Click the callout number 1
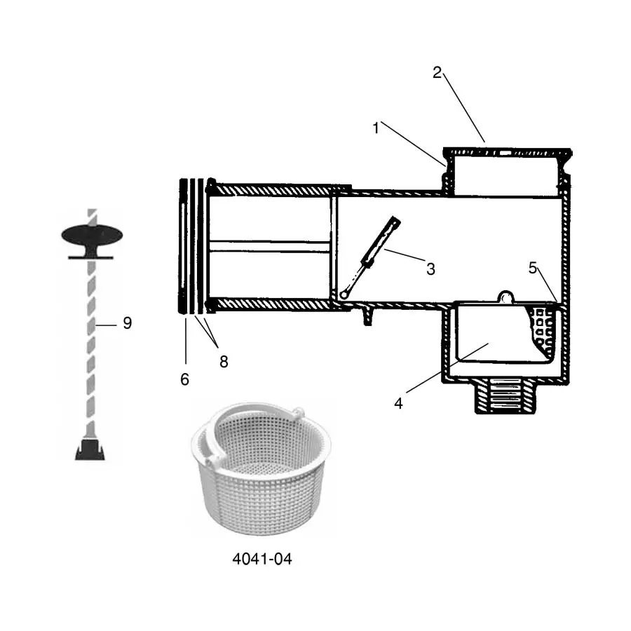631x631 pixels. [x=376, y=128]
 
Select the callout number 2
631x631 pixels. [x=437, y=73]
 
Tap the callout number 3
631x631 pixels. [x=430, y=269]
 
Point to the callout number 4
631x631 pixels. [x=398, y=404]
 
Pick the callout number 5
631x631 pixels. [x=532, y=267]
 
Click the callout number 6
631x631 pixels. [x=184, y=379]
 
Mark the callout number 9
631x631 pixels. [x=127, y=323]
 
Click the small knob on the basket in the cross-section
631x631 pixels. [x=504, y=297]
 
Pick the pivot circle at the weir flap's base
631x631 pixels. [x=344, y=294]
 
